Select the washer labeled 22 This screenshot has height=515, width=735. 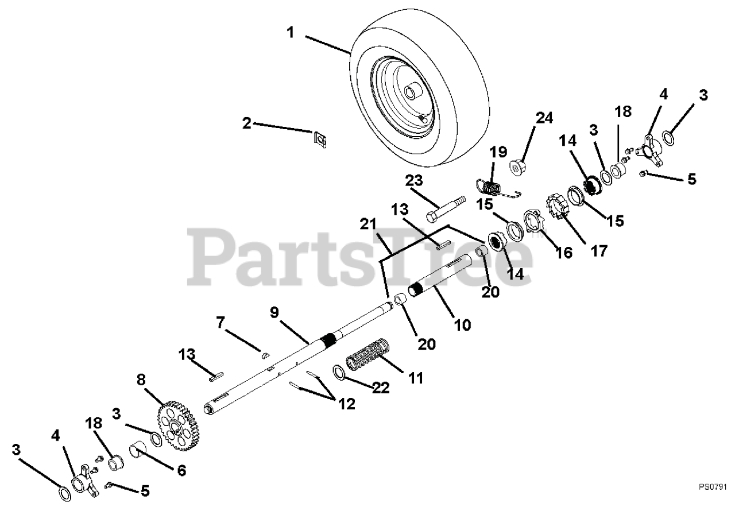(x=339, y=373)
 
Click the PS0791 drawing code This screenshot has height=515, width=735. (x=713, y=486)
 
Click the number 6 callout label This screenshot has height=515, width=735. (x=181, y=471)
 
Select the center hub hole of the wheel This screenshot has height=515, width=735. (x=411, y=91)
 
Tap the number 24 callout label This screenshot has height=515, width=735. (x=544, y=119)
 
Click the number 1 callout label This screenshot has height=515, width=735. (x=291, y=33)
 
